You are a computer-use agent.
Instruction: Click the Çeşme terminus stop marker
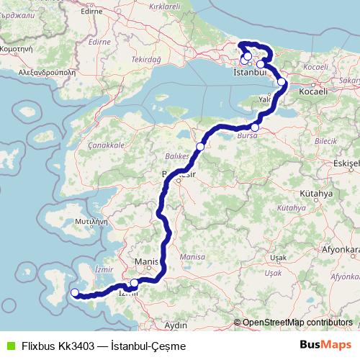tap(74, 292)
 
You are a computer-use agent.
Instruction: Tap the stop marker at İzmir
tap(135, 284)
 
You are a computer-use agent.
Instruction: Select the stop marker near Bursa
tap(255, 127)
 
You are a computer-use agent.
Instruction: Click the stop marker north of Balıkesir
tap(200, 146)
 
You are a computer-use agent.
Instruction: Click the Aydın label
tap(176, 325)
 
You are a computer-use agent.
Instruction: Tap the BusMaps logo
tap(325, 346)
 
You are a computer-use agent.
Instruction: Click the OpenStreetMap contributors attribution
tap(297, 323)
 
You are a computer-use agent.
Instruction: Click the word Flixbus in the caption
tap(40, 346)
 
